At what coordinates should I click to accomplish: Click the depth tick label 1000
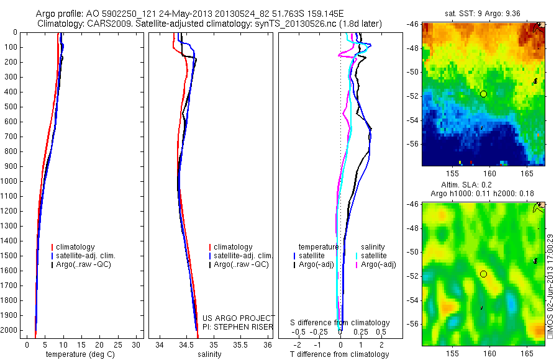(x=9, y=181)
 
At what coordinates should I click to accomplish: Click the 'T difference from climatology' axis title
(x=340, y=354)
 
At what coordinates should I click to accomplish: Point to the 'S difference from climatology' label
(x=340, y=323)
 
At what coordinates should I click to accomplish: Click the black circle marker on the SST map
(x=483, y=94)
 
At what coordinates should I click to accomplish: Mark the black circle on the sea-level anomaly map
(x=483, y=274)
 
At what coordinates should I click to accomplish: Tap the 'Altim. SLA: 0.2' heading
(x=483, y=186)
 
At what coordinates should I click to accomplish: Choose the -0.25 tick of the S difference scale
(x=319, y=331)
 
